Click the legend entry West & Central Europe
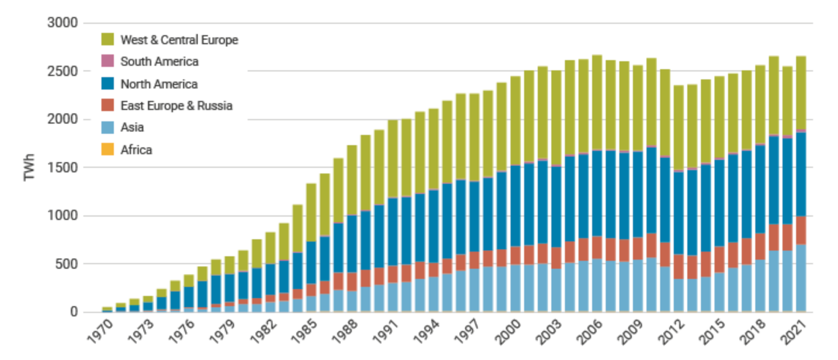[179, 40]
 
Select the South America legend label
[159, 62]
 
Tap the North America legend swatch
[109, 84]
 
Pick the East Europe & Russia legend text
[176, 105]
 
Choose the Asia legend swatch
[109, 128]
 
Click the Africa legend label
[136, 150]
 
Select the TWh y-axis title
[29, 168]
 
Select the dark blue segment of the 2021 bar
[802, 174]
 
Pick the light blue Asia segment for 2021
[802, 278]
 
